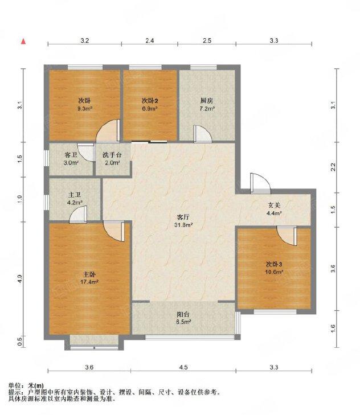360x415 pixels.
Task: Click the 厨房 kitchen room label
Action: (x=206, y=101)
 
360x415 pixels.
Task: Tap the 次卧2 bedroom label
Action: (x=150, y=101)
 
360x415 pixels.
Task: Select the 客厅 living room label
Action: (x=182, y=217)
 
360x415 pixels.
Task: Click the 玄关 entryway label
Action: (x=274, y=206)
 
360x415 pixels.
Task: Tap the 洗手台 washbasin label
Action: (x=112, y=155)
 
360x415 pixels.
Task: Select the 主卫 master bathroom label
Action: (x=75, y=195)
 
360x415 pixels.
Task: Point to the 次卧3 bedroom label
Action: (x=274, y=264)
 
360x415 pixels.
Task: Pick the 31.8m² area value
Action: (x=183, y=224)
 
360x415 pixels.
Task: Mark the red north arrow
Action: (x=23, y=41)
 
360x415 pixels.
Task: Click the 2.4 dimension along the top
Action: (x=150, y=40)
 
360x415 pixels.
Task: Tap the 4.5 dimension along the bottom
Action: (x=183, y=367)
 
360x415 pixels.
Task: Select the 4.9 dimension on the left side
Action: (x=19, y=278)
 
